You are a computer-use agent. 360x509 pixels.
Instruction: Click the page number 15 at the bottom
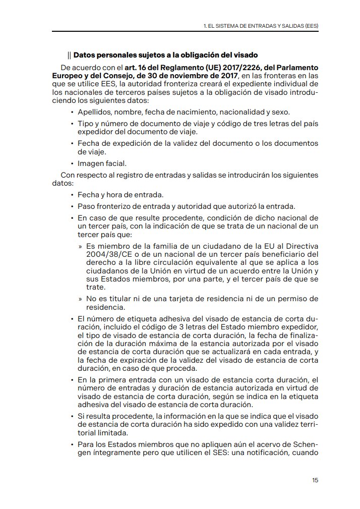click(x=315, y=480)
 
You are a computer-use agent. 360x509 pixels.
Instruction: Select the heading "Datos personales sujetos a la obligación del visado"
click(x=165, y=54)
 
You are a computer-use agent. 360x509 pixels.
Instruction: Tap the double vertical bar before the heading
click(x=69, y=54)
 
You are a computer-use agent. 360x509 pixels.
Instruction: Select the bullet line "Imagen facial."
click(x=102, y=163)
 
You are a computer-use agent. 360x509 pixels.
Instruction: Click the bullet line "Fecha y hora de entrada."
click(x=120, y=195)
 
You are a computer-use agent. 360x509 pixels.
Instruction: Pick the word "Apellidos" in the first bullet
click(x=94, y=111)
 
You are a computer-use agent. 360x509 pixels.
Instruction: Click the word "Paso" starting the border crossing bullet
click(x=86, y=206)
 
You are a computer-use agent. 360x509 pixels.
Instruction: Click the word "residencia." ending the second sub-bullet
click(x=105, y=307)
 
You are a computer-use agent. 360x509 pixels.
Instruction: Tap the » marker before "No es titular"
click(x=81, y=299)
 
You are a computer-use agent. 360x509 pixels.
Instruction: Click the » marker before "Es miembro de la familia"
click(x=81, y=246)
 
